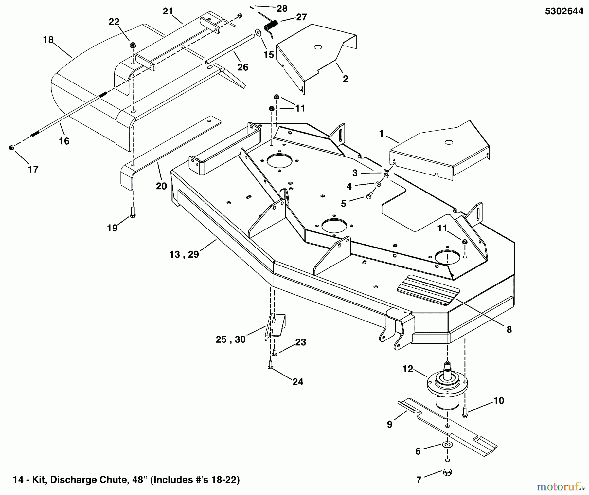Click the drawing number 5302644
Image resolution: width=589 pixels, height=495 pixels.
(x=564, y=11)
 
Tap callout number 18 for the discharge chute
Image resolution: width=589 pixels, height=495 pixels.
(x=48, y=40)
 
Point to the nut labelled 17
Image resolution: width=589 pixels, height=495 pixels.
(x=11, y=148)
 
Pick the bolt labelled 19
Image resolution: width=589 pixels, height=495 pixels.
(x=133, y=212)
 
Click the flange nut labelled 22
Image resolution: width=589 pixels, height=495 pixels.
(x=133, y=45)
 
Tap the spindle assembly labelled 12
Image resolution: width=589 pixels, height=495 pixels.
(x=447, y=386)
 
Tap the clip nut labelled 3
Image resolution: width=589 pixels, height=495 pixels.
(x=386, y=173)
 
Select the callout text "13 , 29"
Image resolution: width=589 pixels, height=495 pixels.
(x=184, y=254)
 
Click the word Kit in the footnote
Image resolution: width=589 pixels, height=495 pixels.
(x=40, y=480)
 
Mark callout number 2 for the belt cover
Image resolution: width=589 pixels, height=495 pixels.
(x=346, y=79)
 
